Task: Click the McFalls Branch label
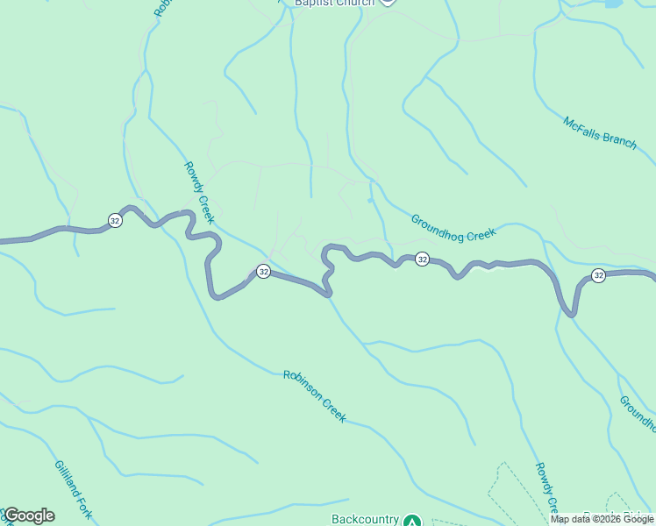click(600, 133)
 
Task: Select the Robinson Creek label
click(315, 396)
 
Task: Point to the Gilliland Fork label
click(73, 490)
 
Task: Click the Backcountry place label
click(365, 519)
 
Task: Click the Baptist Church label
click(334, 3)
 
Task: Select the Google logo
click(28, 515)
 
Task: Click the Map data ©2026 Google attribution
click(603, 519)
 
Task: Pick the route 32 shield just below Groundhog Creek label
click(422, 259)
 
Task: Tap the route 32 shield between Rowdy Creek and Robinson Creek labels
click(263, 272)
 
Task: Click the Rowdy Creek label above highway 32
click(199, 191)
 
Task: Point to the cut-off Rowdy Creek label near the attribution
click(545, 487)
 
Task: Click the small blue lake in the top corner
click(612, 4)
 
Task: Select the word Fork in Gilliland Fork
click(84, 508)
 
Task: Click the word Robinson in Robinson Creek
click(302, 387)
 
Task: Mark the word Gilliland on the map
click(67, 480)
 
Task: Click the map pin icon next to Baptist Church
click(388, 2)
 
